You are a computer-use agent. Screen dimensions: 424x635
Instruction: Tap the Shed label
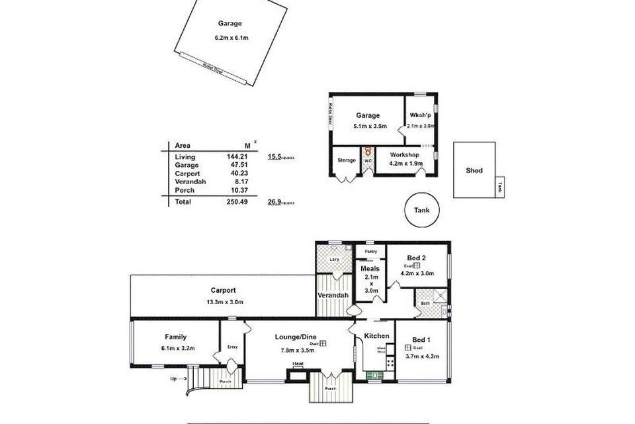tap(474, 170)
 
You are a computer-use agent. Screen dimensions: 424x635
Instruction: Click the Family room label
tap(175, 337)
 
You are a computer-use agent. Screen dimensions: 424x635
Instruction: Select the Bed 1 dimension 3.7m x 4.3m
tap(422, 356)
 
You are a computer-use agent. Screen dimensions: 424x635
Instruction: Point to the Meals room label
tap(370, 268)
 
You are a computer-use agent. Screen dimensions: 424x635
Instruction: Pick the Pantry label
tap(371, 252)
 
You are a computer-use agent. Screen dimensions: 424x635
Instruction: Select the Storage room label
tap(346, 160)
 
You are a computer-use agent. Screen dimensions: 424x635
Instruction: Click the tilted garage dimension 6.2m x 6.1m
tap(231, 38)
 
